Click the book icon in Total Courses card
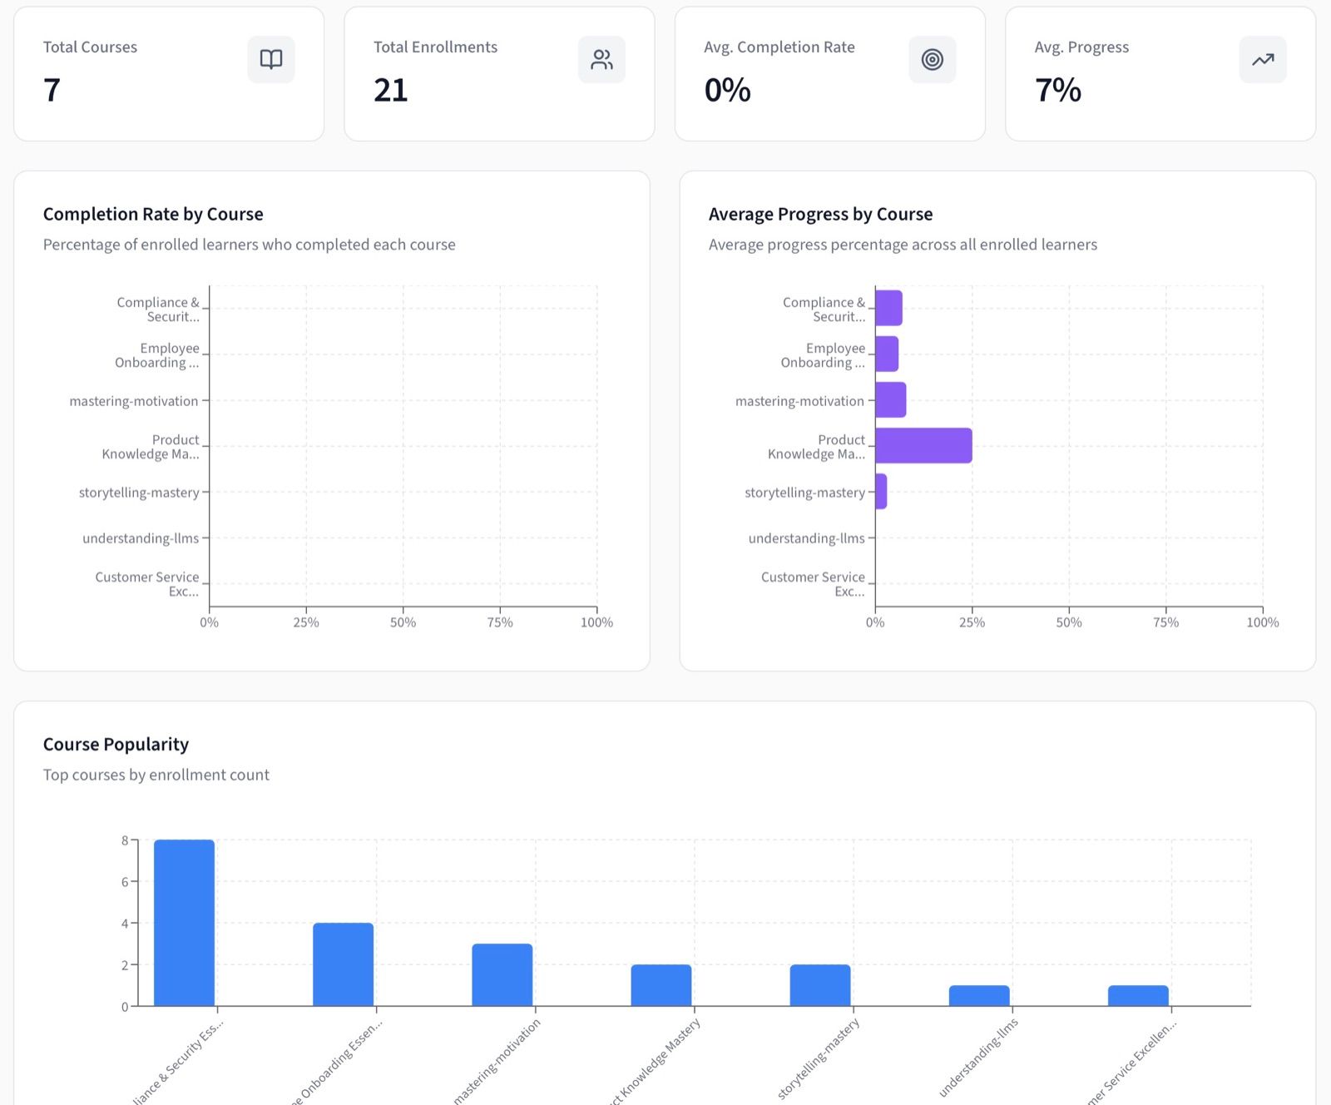click(x=271, y=59)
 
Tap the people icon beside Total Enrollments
click(x=601, y=59)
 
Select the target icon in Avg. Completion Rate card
click(x=932, y=59)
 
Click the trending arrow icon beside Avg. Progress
click(x=1262, y=59)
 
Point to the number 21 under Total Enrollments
click(x=390, y=90)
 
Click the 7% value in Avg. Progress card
click(x=1057, y=90)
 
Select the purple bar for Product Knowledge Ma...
click(x=923, y=445)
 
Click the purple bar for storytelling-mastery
click(x=881, y=491)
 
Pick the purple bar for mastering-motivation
click(x=890, y=399)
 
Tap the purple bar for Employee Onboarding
click(x=887, y=354)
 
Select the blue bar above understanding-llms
click(x=979, y=995)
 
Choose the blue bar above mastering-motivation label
click(x=502, y=974)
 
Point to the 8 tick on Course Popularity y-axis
click(x=125, y=840)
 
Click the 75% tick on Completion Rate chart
click(x=500, y=622)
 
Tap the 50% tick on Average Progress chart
click(x=1069, y=622)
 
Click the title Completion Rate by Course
click(x=153, y=214)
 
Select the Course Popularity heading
click(x=116, y=744)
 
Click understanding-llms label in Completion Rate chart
click(x=141, y=538)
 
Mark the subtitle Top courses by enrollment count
click(x=156, y=775)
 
